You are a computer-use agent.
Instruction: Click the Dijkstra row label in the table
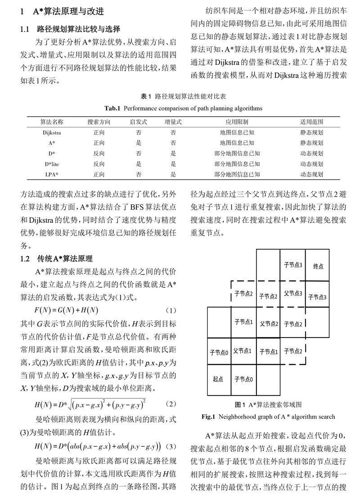(52, 133)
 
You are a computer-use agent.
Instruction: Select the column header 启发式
(139, 122)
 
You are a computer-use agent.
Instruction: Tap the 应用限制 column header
(237, 122)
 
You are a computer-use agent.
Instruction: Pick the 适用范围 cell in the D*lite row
(311, 164)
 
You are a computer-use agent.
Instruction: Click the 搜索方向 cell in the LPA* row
(99, 174)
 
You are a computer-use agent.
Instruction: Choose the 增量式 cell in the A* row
(173, 143)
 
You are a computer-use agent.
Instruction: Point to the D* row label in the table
(52, 153)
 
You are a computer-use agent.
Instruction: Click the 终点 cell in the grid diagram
(318, 266)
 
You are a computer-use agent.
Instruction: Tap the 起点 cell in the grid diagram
(218, 379)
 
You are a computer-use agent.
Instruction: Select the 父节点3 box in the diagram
(293, 293)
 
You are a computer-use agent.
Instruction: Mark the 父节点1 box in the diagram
(243, 351)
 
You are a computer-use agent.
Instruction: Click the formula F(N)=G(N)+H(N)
(66, 310)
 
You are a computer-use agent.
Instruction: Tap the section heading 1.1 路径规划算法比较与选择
(70, 30)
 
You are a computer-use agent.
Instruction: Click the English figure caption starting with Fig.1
(268, 416)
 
